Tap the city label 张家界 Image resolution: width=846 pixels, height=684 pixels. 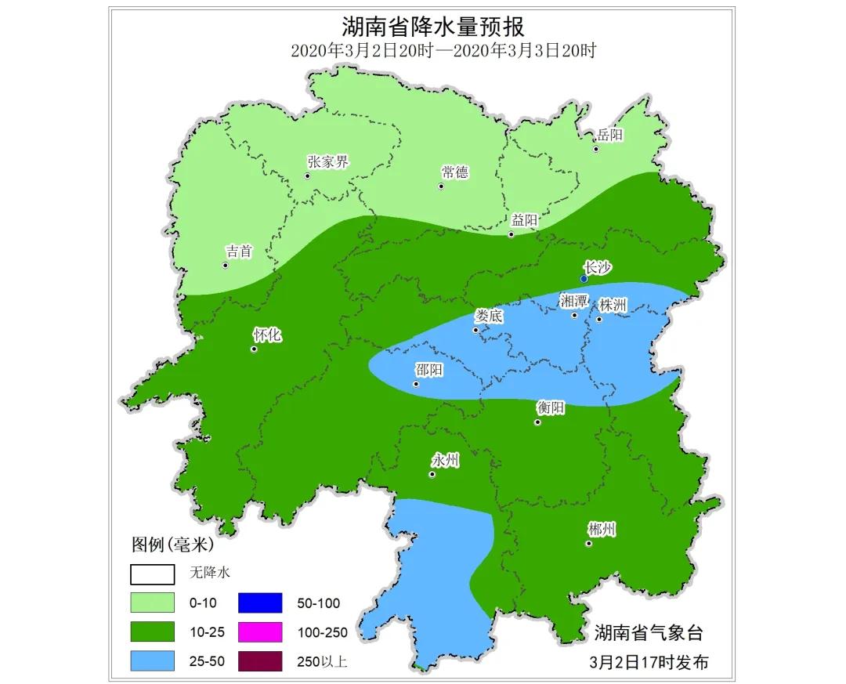click(327, 162)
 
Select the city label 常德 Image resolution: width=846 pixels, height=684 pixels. click(454, 172)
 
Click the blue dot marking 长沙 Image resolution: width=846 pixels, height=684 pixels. click(584, 279)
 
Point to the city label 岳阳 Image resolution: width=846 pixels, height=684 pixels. click(609, 135)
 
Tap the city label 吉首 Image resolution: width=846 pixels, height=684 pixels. click(239, 252)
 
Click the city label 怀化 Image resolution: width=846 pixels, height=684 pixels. click(266, 335)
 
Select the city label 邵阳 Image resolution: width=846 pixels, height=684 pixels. click(428, 371)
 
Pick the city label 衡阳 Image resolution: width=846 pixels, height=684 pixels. click(550, 407)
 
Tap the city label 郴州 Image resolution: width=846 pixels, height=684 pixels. click(601, 530)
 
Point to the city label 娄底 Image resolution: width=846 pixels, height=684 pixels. click(489, 317)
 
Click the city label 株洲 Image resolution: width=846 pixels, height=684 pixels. click(613, 305)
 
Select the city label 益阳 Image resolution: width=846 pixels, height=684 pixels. click(524, 220)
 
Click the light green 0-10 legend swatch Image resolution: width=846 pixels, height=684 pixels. click(152, 603)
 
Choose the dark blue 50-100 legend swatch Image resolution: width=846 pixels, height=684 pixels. click(259, 603)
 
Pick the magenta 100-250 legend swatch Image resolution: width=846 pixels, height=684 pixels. click(259, 632)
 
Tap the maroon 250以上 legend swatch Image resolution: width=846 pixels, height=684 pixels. click(259, 660)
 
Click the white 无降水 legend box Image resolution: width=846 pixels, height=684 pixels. click(152, 574)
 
